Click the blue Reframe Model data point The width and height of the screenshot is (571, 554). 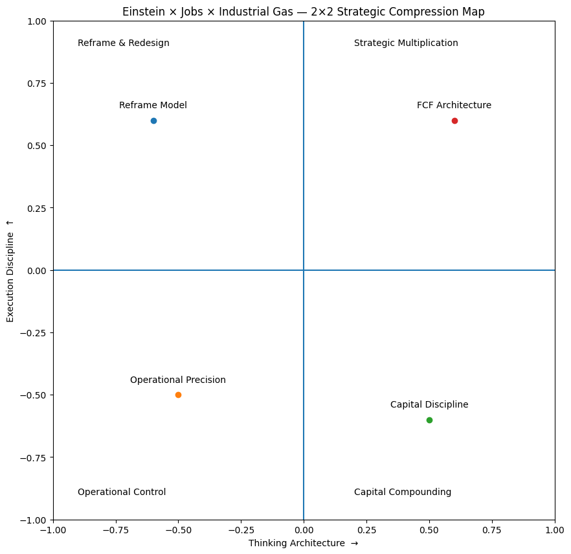pos(153,121)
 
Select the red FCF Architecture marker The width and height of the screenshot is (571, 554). pos(454,121)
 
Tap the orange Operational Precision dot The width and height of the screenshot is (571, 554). pos(178,395)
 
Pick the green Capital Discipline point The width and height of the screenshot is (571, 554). pos(429,420)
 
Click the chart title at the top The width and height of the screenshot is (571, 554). pos(303,12)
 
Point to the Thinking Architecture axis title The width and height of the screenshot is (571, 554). pos(303,543)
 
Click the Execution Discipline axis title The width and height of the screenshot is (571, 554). pos(10,270)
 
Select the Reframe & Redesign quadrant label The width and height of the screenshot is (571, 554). pos(124,43)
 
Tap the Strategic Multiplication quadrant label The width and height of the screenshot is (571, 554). pos(406,43)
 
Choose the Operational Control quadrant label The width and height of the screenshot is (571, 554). pos(122,492)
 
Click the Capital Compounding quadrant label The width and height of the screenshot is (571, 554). pos(403,492)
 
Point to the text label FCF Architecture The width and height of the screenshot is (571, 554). pos(454,105)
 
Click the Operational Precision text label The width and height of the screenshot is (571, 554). pos(178,380)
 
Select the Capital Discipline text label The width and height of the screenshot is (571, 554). pos(429,404)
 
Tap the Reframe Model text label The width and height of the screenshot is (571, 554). pos(153,105)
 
